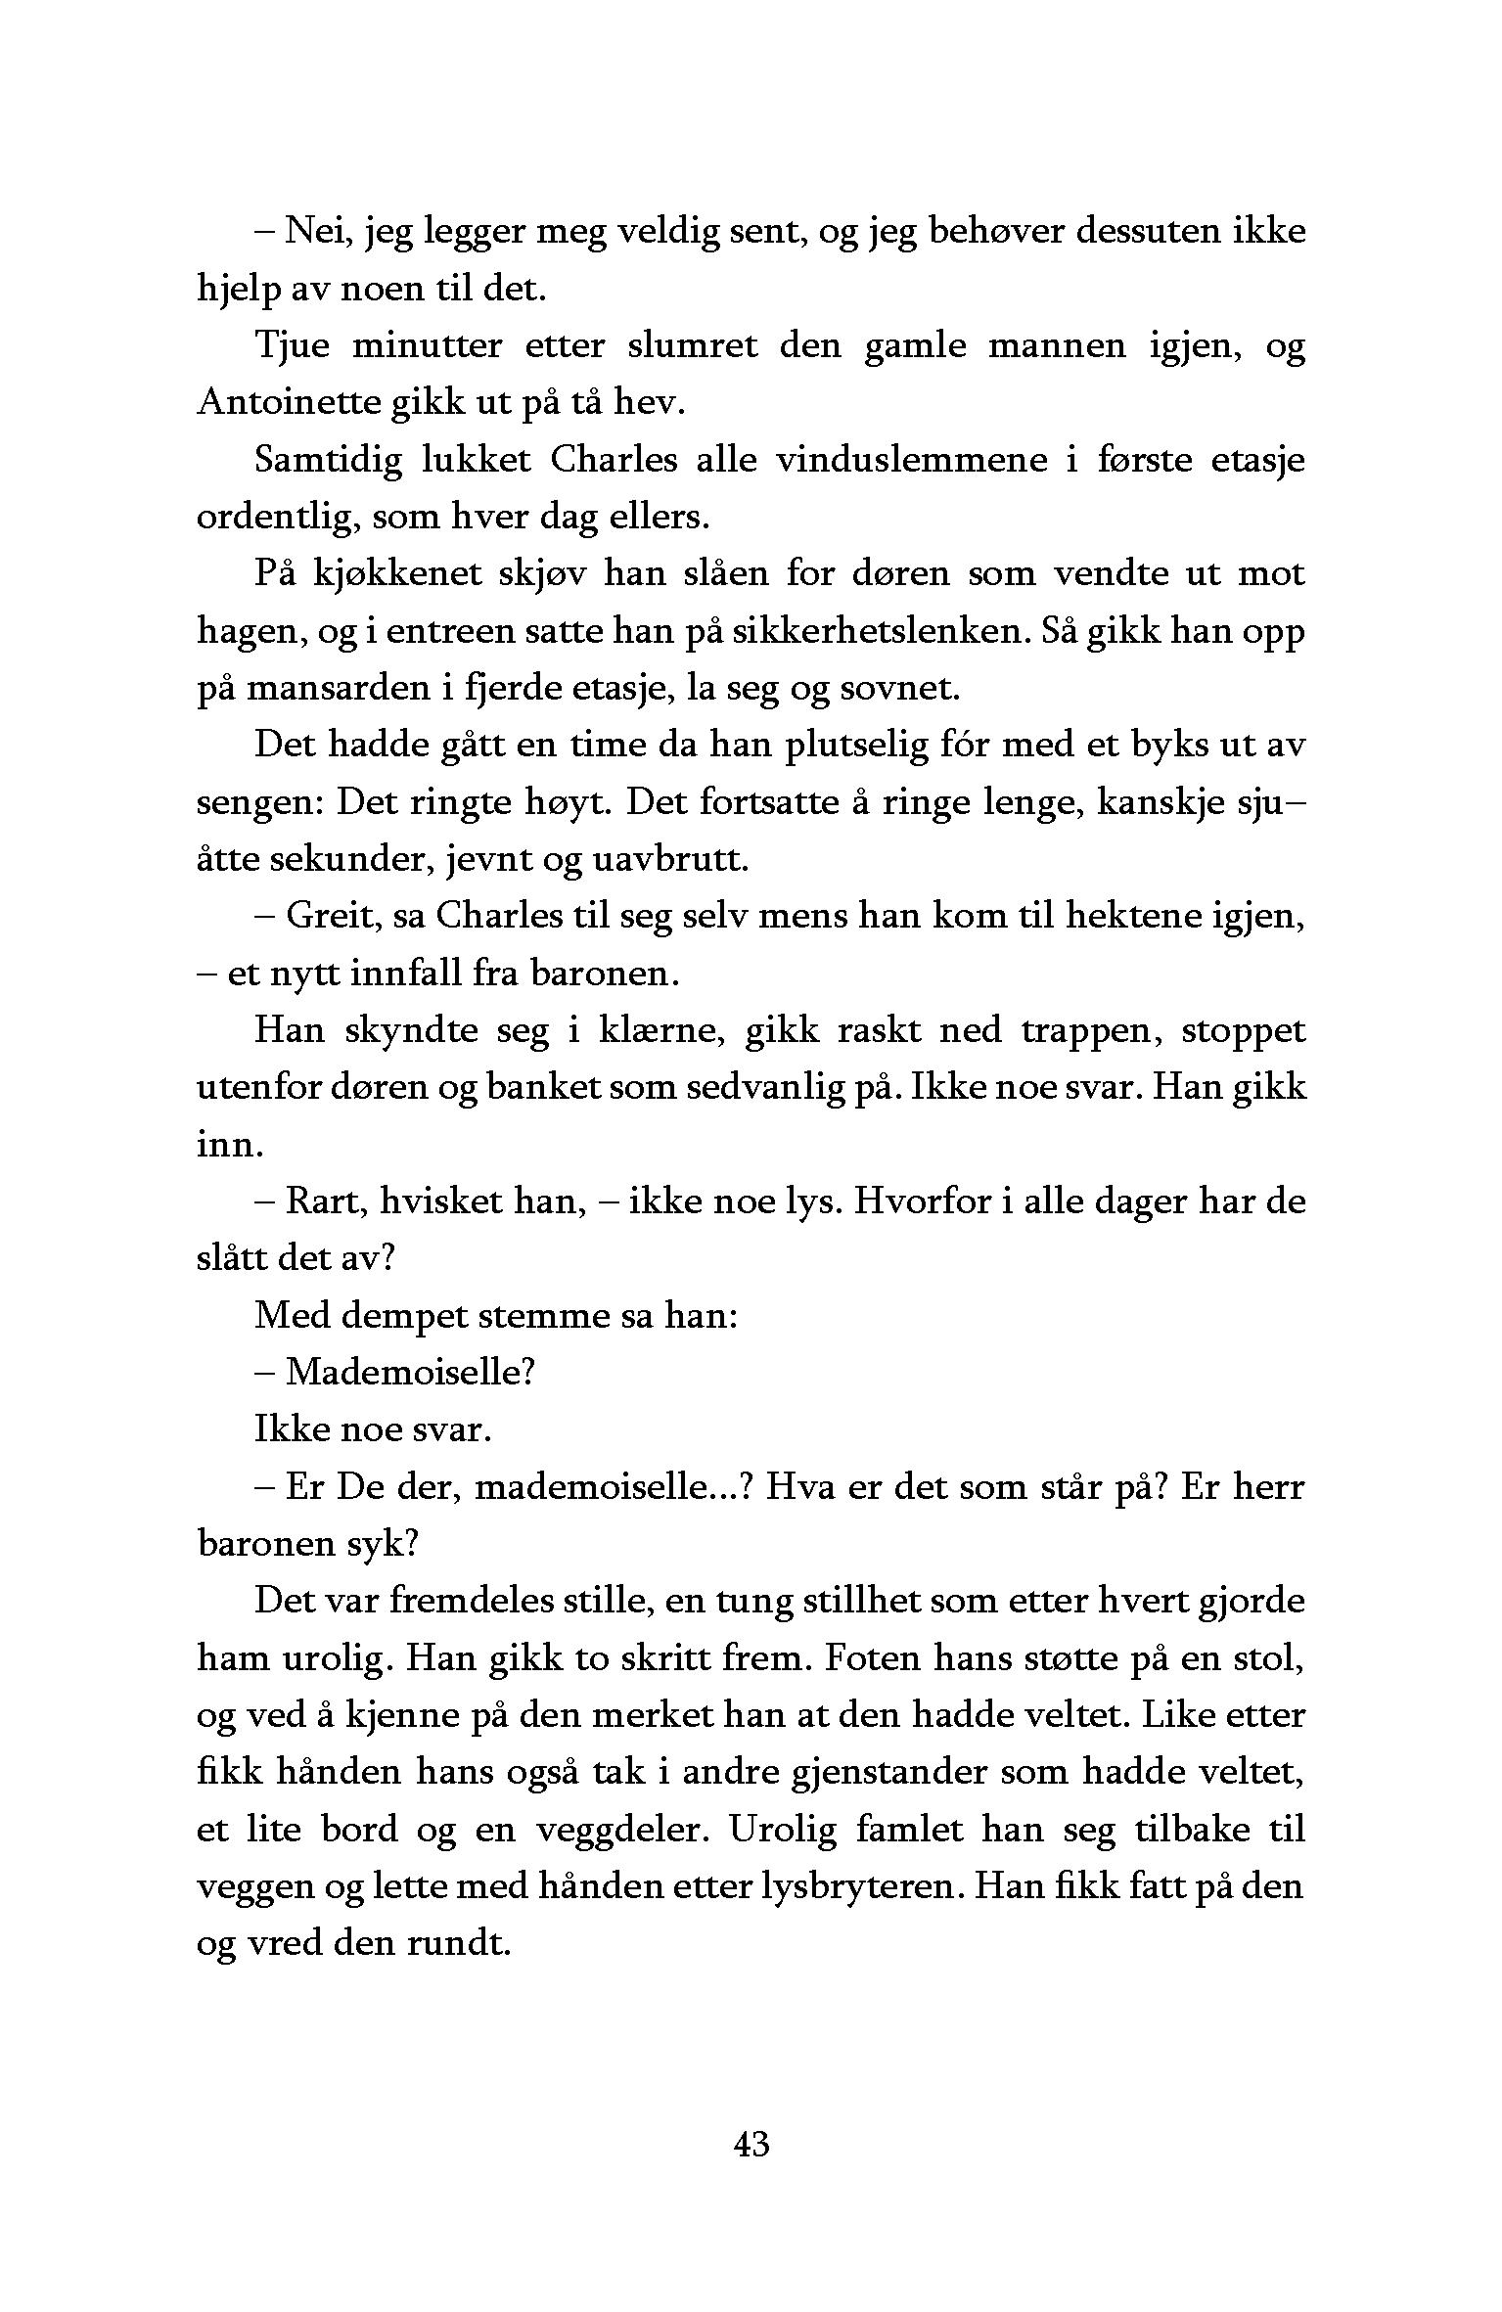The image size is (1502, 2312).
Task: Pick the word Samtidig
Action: pos(328,460)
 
